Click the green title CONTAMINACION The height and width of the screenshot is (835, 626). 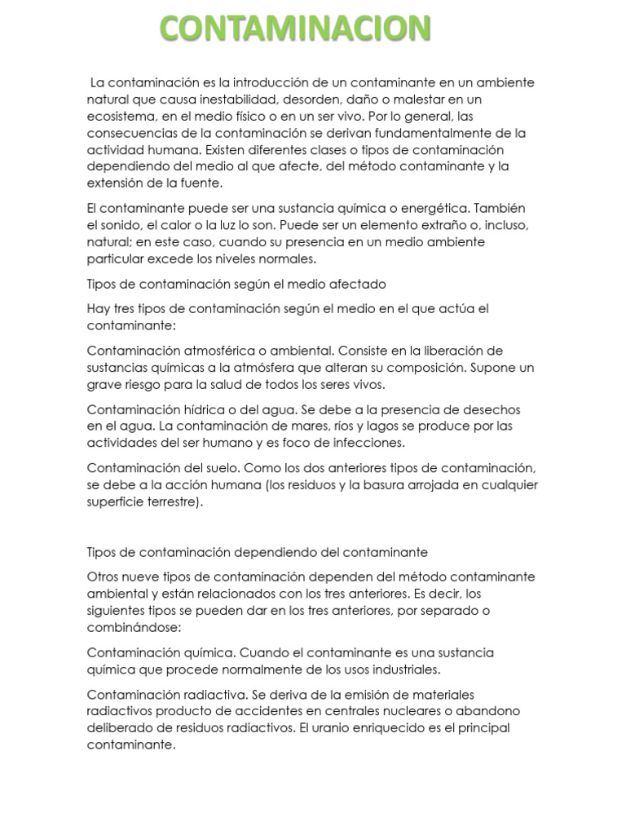click(294, 29)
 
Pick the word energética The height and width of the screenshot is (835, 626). click(439, 208)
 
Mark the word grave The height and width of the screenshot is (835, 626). click(105, 383)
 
